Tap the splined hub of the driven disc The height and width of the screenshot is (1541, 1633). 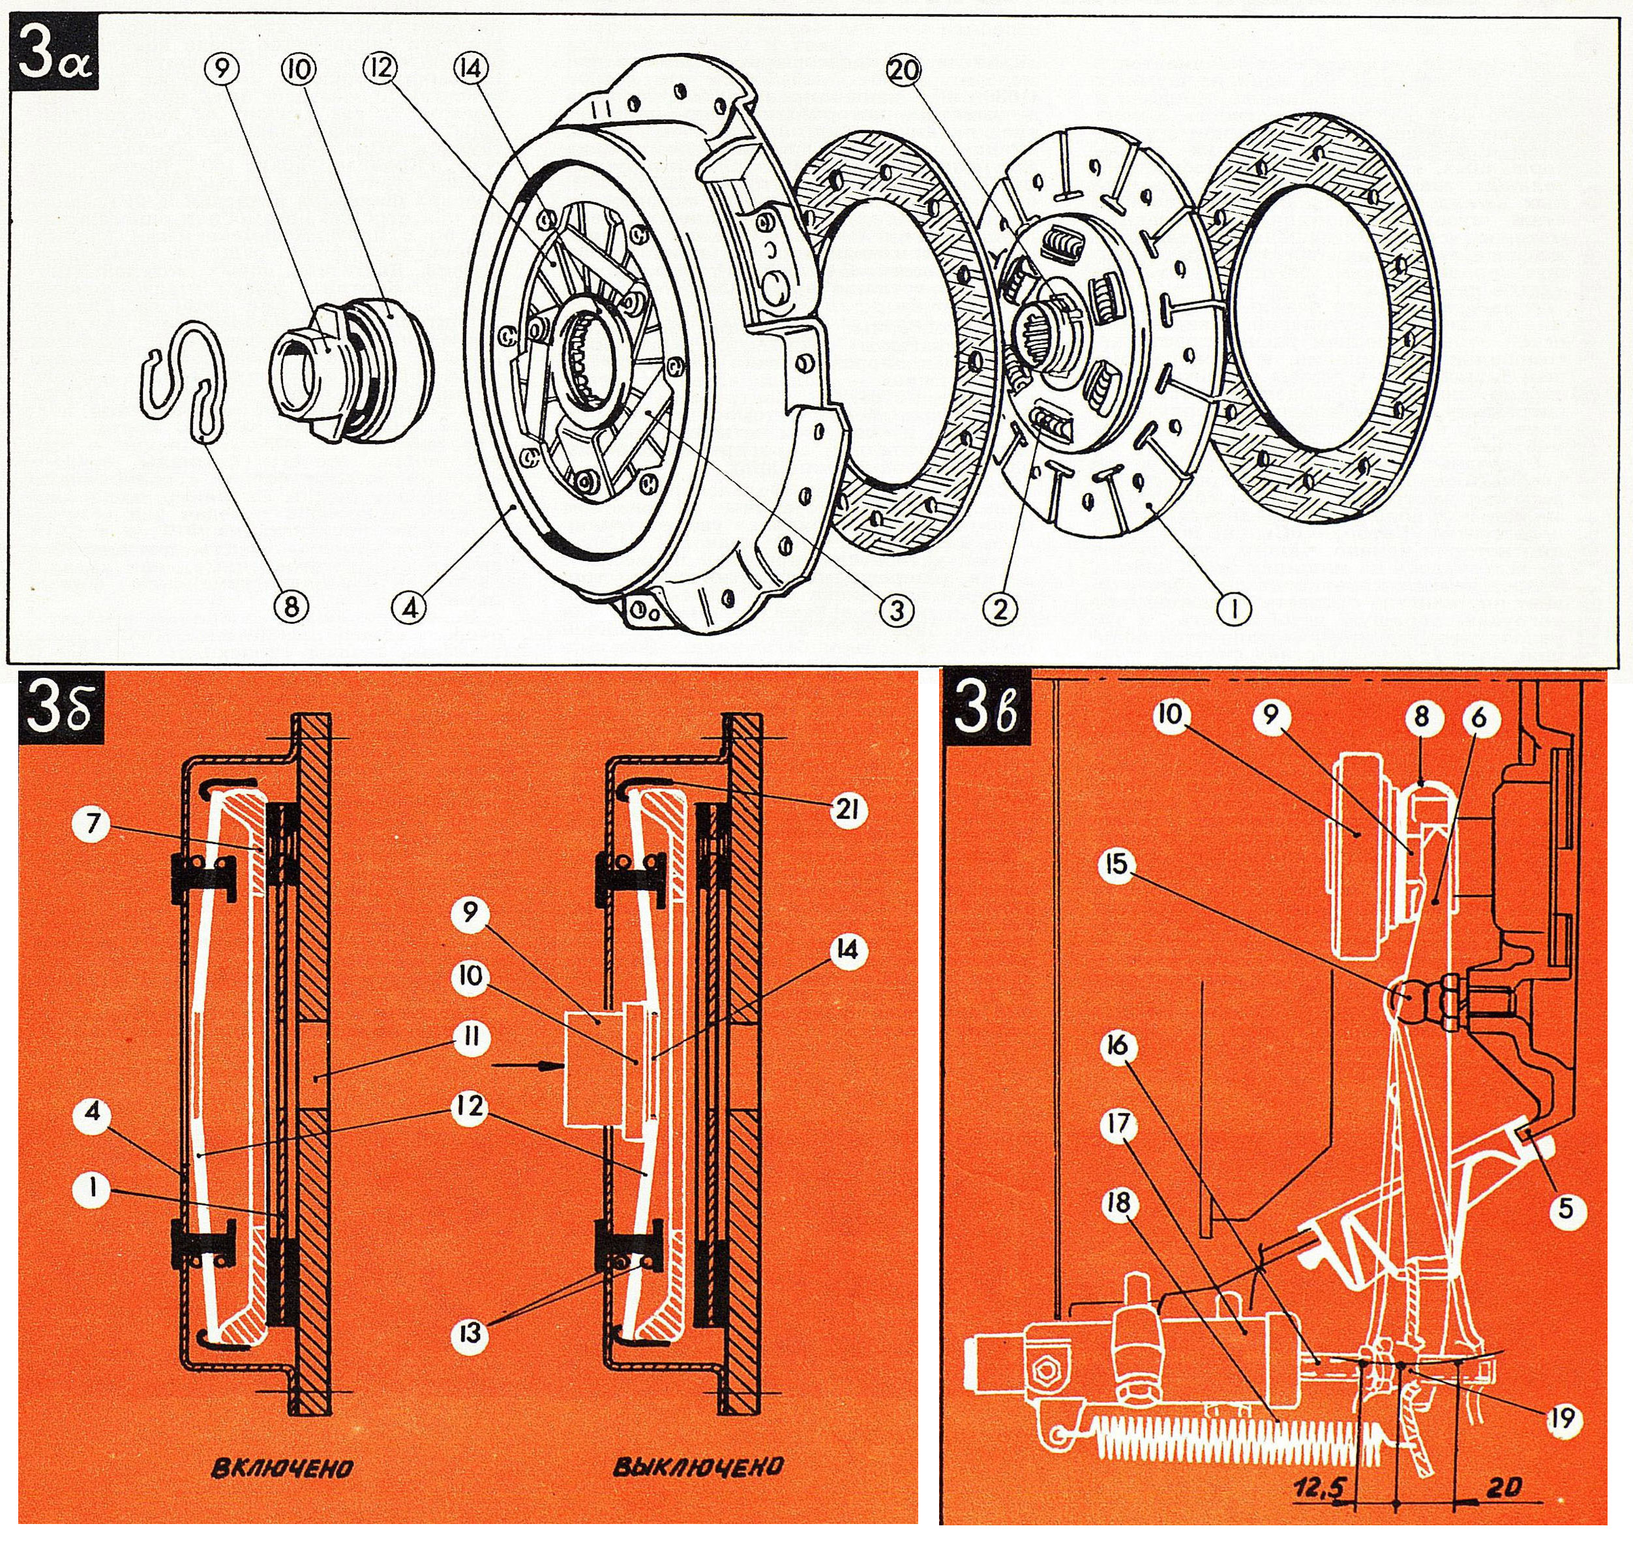point(1045,333)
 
